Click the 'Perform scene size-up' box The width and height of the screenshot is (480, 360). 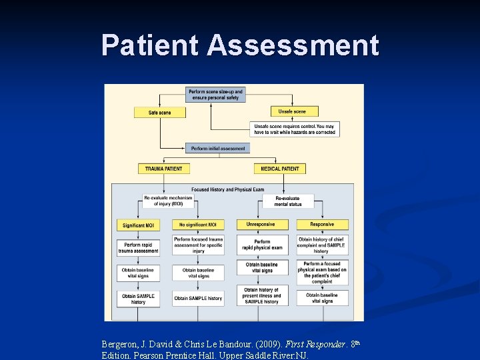(x=215, y=95)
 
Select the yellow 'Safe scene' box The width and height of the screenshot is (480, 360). (x=160, y=113)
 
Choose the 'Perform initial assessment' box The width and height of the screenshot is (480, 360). (x=218, y=149)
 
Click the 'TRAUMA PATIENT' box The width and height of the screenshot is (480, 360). (x=164, y=169)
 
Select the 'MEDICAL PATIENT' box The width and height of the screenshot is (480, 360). (x=281, y=169)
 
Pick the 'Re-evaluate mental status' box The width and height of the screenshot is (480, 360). (x=287, y=201)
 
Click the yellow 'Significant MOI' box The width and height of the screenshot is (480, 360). (x=138, y=225)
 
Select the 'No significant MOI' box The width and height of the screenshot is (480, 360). (x=198, y=225)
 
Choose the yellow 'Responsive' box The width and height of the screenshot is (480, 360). (x=322, y=225)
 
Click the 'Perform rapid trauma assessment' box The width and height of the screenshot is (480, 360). (x=138, y=248)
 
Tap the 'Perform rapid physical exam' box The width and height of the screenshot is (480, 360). (x=262, y=245)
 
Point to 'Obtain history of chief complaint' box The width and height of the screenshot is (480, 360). (x=322, y=245)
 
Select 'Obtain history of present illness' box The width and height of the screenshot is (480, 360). (x=262, y=296)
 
